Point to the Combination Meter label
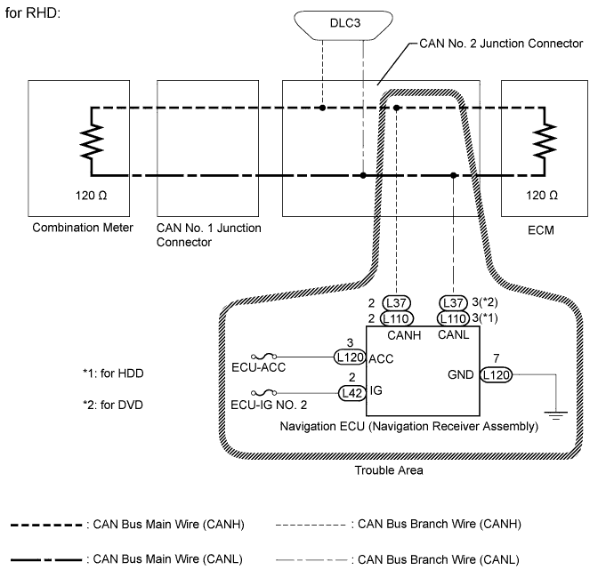(83, 229)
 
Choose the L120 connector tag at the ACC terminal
(351, 358)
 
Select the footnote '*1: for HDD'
(112, 374)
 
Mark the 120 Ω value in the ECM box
(541, 194)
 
